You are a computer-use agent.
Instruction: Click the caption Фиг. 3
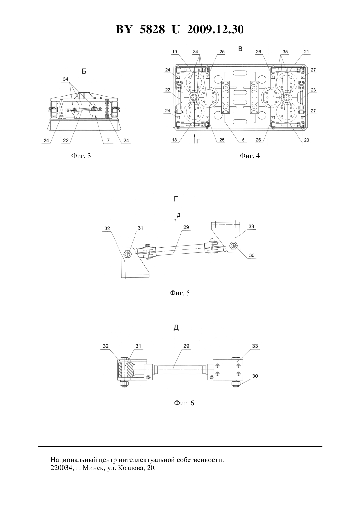81,156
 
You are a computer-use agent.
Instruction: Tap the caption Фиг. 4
249,156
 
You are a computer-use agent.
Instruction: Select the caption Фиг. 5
180,293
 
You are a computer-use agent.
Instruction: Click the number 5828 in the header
152,29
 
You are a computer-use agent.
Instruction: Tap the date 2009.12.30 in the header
215,29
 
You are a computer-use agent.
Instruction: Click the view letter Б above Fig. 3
84,71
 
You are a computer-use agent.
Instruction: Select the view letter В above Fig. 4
240,49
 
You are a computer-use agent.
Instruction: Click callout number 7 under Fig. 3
108,140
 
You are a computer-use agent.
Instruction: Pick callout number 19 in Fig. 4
174,52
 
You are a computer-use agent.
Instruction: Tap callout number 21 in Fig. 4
307,52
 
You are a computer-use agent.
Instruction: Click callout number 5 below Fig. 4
243,140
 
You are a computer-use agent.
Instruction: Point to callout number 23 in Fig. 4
313,90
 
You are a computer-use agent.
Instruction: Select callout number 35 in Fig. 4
285,52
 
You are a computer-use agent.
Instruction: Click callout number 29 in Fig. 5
186,227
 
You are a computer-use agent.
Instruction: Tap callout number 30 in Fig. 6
255,376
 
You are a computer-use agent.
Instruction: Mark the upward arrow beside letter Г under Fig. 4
194,139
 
